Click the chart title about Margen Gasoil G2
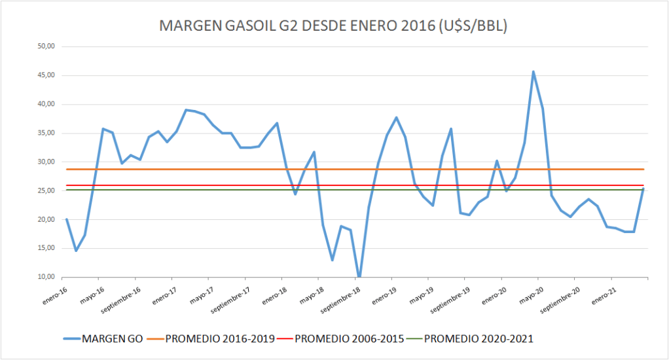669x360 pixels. pos(334,26)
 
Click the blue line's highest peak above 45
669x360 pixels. pos(533,72)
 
